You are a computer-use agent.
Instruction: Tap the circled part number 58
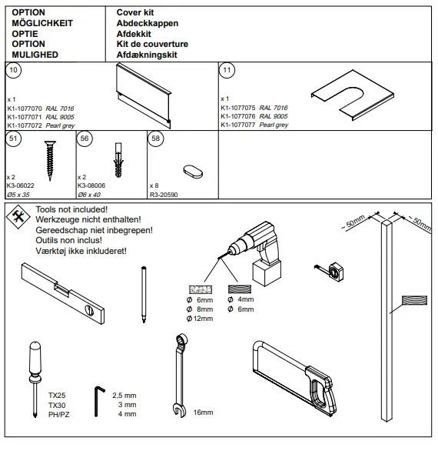coord(157,139)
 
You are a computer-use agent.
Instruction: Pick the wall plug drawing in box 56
coord(118,159)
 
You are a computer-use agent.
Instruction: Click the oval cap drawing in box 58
coord(192,169)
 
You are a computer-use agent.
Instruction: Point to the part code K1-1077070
coord(25,109)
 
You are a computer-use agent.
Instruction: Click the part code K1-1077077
coord(239,124)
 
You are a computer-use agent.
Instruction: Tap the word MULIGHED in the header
coord(35,55)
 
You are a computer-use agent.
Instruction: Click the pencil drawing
coord(144,293)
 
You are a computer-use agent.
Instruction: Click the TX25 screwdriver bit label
coord(57,394)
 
